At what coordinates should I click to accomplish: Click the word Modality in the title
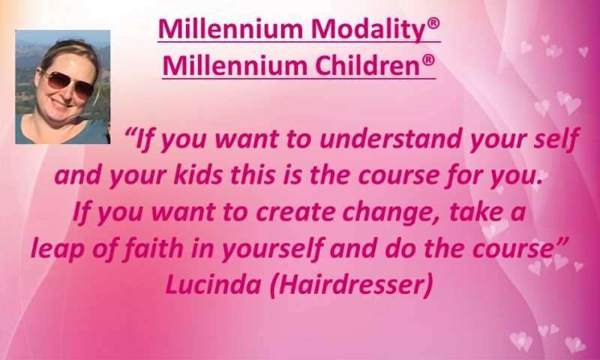coord(367,30)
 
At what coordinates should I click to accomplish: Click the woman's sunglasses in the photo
coord(69,82)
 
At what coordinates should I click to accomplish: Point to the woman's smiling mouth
coord(61,103)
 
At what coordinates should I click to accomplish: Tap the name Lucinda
coord(214,285)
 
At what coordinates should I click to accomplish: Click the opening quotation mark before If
coord(130,132)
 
